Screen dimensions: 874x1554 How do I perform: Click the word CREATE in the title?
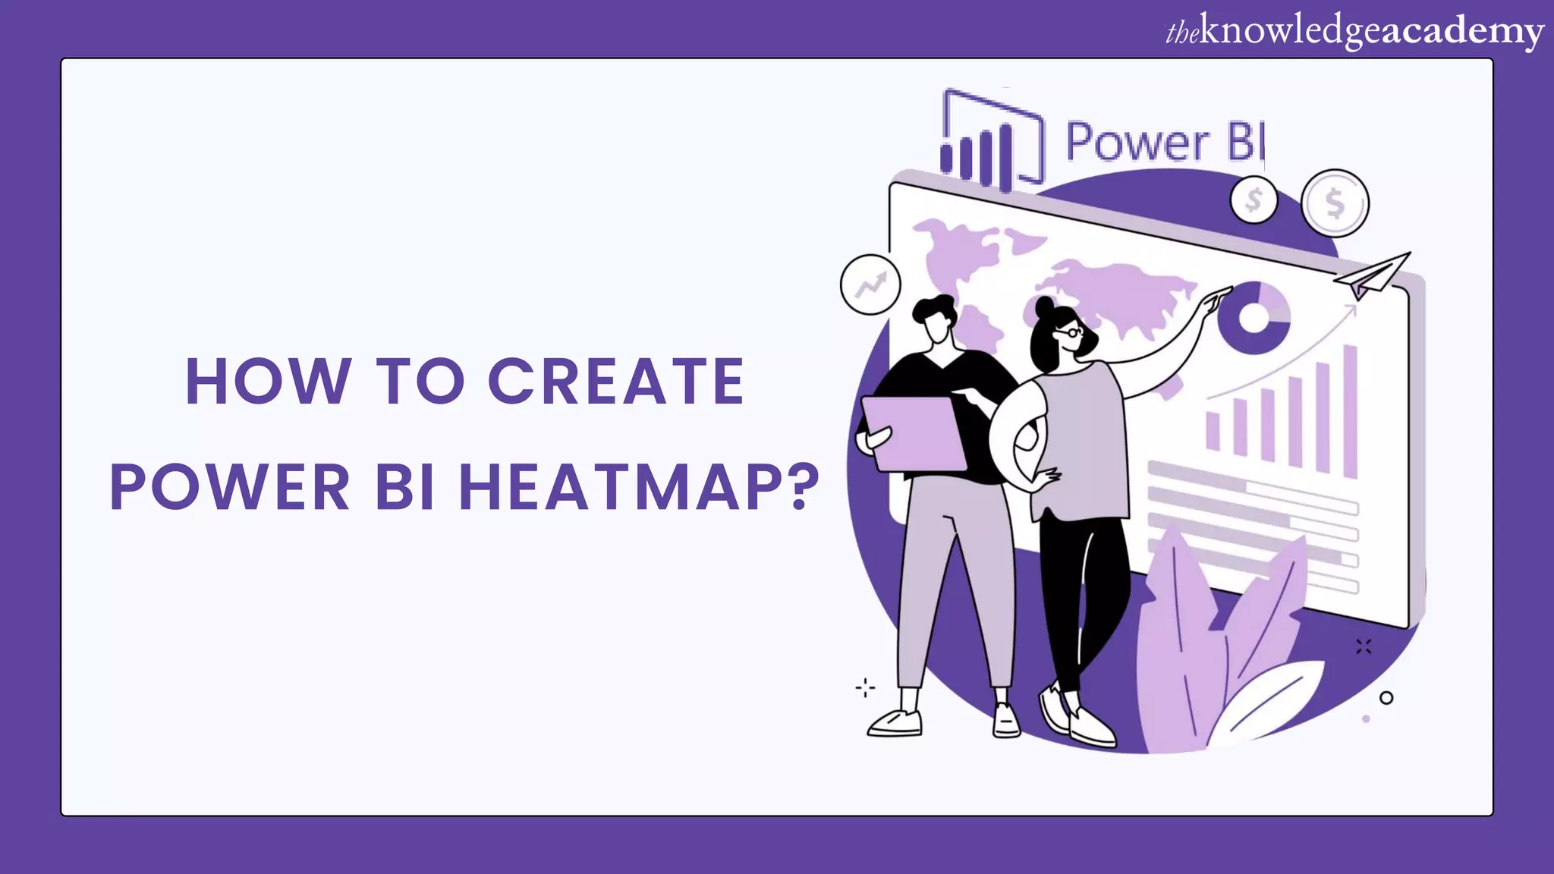pos(615,381)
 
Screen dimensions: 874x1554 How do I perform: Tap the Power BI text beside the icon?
pos(1165,142)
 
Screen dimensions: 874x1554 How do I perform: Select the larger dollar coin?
pos(1335,203)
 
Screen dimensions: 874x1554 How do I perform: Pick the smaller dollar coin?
pos(1254,200)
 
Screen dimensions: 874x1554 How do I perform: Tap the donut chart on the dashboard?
pos(1254,318)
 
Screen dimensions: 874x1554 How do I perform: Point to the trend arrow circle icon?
pos(870,285)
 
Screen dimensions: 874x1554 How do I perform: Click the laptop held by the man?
pos(914,433)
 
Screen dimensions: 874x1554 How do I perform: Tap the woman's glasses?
pos(1071,332)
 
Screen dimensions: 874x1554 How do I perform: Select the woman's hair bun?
pos(1044,307)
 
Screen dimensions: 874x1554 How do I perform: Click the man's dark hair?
pos(934,309)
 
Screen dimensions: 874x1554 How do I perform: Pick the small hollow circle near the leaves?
pos(1386,698)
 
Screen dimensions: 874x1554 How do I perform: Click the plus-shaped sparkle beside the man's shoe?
pos(865,688)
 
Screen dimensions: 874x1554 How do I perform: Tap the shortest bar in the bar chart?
pos(1213,431)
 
